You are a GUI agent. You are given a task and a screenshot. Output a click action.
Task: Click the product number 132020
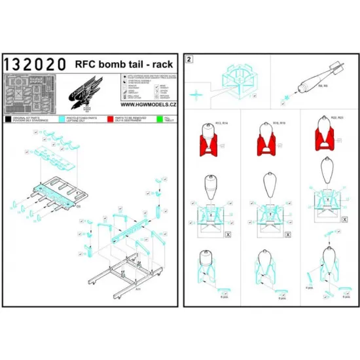tap(35, 64)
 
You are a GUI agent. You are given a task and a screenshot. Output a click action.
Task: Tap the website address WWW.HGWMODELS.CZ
tap(149, 104)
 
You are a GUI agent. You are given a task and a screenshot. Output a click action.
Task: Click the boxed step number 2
tap(190, 58)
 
